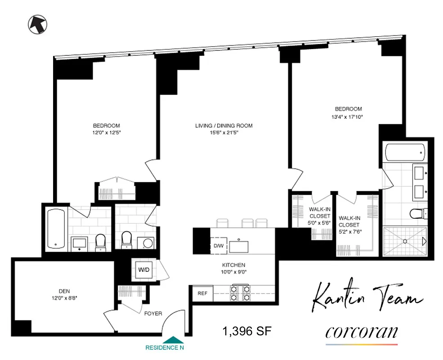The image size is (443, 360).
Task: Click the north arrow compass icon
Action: click(37, 24)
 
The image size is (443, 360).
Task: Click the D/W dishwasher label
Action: click(219, 246)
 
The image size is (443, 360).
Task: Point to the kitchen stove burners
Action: click(240, 293)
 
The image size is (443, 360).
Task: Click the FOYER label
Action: click(153, 314)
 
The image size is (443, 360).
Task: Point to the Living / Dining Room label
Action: click(224, 126)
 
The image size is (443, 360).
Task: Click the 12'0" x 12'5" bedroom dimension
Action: click(106, 134)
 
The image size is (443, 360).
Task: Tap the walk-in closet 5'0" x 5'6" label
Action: click(320, 216)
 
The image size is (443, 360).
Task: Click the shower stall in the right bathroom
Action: click(405, 241)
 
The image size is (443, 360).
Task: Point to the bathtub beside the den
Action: click(57, 229)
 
